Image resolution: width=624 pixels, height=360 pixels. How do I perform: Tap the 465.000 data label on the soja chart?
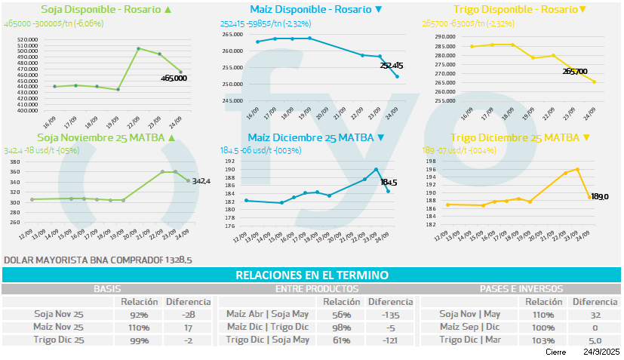click(174, 78)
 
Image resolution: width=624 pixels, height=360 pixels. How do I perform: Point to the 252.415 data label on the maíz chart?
click(391, 66)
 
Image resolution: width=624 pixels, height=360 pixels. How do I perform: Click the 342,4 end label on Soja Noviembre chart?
click(201, 181)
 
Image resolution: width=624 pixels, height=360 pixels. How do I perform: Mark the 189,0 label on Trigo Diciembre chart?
click(600, 197)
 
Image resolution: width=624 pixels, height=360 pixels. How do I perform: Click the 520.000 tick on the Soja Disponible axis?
click(27, 39)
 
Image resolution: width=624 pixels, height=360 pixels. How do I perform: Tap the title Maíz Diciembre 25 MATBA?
click(316, 137)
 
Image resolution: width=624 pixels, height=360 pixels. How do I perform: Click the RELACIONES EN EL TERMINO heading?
click(312, 275)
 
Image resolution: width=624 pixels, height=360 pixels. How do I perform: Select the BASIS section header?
click(103, 289)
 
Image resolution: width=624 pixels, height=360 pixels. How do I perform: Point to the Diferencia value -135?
click(390, 314)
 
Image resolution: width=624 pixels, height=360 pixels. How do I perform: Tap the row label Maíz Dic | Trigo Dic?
click(268, 327)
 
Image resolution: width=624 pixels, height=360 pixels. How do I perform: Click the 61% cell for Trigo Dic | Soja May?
click(342, 340)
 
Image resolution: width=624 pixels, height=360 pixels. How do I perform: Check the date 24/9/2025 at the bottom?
click(601, 352)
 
